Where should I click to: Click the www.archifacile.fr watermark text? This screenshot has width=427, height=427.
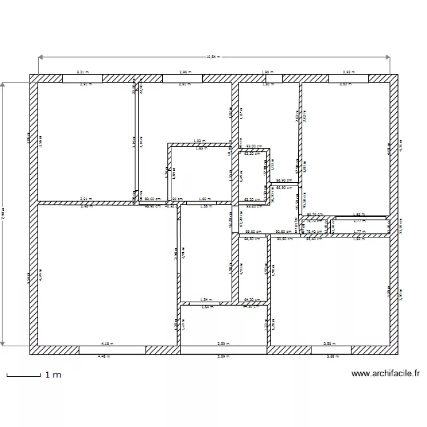386,374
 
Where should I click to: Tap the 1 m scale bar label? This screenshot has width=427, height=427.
53,375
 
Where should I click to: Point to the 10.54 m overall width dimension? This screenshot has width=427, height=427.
213,57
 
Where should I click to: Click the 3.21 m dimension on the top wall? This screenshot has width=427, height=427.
83,72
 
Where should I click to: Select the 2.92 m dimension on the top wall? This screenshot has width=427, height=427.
349,72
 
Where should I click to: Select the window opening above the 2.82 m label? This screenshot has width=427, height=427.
349,78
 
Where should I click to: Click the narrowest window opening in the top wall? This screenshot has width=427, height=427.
266,78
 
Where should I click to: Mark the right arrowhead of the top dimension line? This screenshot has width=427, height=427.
389,57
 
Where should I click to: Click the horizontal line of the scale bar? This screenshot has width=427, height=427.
23,376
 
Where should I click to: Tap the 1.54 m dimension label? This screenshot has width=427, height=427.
206,299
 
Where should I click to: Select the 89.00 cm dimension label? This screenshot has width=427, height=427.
153,199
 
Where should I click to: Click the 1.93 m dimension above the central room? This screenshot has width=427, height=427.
199,141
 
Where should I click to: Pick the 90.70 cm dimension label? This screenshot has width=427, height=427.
315,214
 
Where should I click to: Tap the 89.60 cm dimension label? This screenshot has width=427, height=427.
253,231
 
